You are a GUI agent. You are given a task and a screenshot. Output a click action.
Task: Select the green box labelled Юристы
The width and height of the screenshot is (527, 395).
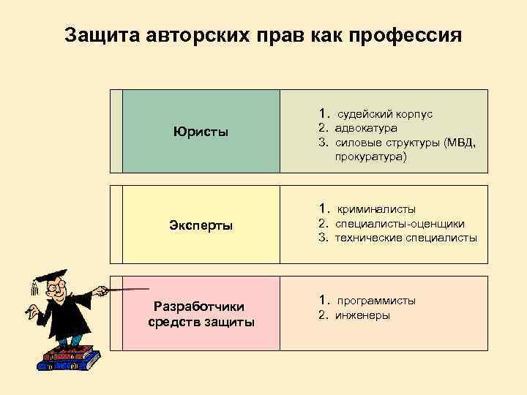click(201, 132)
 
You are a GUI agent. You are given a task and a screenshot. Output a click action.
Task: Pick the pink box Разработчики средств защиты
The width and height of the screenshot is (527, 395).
click(201, 314)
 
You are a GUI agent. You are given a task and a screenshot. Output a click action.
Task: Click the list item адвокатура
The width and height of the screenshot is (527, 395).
click(366, 129)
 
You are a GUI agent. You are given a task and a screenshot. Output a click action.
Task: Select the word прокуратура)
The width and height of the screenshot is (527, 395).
click(371, 156)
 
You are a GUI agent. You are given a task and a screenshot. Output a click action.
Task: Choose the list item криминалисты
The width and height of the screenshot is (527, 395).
click(375, 209)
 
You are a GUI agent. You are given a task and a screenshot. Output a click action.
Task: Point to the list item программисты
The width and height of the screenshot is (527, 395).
click(375, 301)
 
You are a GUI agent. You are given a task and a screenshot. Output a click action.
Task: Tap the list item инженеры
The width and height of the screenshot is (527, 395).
click(362, 315)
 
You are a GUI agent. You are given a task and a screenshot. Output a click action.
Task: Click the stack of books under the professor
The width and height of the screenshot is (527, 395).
click(70, 359)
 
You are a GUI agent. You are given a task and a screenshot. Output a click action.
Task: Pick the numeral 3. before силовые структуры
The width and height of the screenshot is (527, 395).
click(322, 143)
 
